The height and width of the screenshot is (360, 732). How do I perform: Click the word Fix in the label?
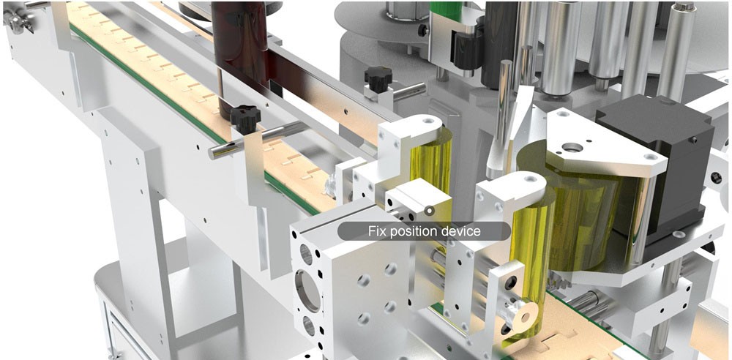tap(376, 231)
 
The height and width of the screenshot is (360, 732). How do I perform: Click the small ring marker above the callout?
tap(430, 211)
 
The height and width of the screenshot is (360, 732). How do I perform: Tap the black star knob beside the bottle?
tap(245, 118)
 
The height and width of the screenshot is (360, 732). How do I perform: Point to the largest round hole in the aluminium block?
tap(308, 291)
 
